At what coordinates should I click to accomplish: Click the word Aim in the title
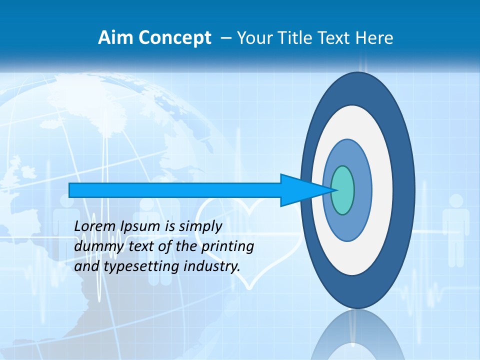point(113,38)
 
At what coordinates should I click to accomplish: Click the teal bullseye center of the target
point(342,190)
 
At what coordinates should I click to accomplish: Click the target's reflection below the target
point(357,335)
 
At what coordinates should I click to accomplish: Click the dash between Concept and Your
point(225,38)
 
